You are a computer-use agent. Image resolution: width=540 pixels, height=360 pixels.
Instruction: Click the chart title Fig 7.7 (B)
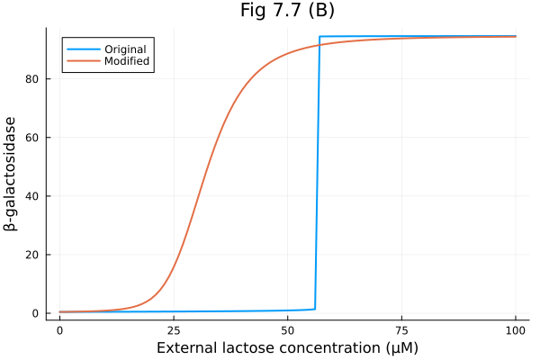(287, 11)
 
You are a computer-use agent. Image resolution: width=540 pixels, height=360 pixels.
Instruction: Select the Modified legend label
(126, 61)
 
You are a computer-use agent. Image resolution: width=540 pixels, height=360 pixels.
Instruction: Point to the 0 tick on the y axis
(38, 313)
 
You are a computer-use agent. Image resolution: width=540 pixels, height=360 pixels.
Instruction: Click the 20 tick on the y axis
(35, 255)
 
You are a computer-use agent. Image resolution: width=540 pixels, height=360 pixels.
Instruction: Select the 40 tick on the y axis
(35, 196)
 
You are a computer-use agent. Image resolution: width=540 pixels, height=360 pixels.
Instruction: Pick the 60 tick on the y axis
(35, 138)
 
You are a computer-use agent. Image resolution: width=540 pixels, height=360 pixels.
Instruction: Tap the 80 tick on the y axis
(35, 79)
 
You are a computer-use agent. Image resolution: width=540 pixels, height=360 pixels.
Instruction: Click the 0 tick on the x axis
(59, 330)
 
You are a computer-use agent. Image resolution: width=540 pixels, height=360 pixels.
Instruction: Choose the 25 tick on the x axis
(174, 330)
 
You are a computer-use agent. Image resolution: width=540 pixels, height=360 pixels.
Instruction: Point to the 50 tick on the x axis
(287, 330)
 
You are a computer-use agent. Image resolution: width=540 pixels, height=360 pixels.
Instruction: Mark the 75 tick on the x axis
(401, 330)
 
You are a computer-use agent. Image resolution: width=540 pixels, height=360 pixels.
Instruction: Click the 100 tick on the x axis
(516, 330)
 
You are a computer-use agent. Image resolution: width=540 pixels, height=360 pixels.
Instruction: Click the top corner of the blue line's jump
(319, 37)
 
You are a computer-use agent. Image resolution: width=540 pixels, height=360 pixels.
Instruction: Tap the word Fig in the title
(254, 11)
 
